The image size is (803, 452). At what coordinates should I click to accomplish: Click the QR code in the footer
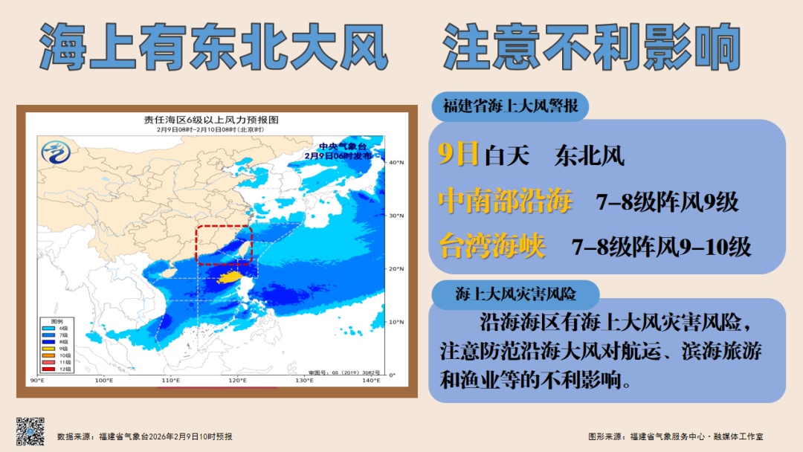coord(30,432)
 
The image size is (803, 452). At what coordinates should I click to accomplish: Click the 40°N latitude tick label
coord(396,162)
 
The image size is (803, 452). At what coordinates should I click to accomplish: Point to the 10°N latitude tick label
coord(396,322)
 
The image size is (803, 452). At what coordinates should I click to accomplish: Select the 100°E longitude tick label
coord(104,381)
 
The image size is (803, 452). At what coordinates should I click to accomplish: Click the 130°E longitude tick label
coord(304,381)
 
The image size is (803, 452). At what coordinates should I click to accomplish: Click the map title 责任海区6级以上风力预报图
coord(211,120)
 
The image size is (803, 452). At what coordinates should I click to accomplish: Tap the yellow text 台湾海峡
coord(491,246)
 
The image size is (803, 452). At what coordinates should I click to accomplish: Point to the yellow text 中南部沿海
coord(506,201)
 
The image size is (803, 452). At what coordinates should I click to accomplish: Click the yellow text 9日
coord(458,155)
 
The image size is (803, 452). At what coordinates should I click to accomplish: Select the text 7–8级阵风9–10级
coord(661,247)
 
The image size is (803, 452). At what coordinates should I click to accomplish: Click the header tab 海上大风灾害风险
coord(516,294)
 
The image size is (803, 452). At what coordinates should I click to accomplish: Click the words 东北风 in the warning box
coord(589,156)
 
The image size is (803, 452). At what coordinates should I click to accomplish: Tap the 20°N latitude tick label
coord(396,268)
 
